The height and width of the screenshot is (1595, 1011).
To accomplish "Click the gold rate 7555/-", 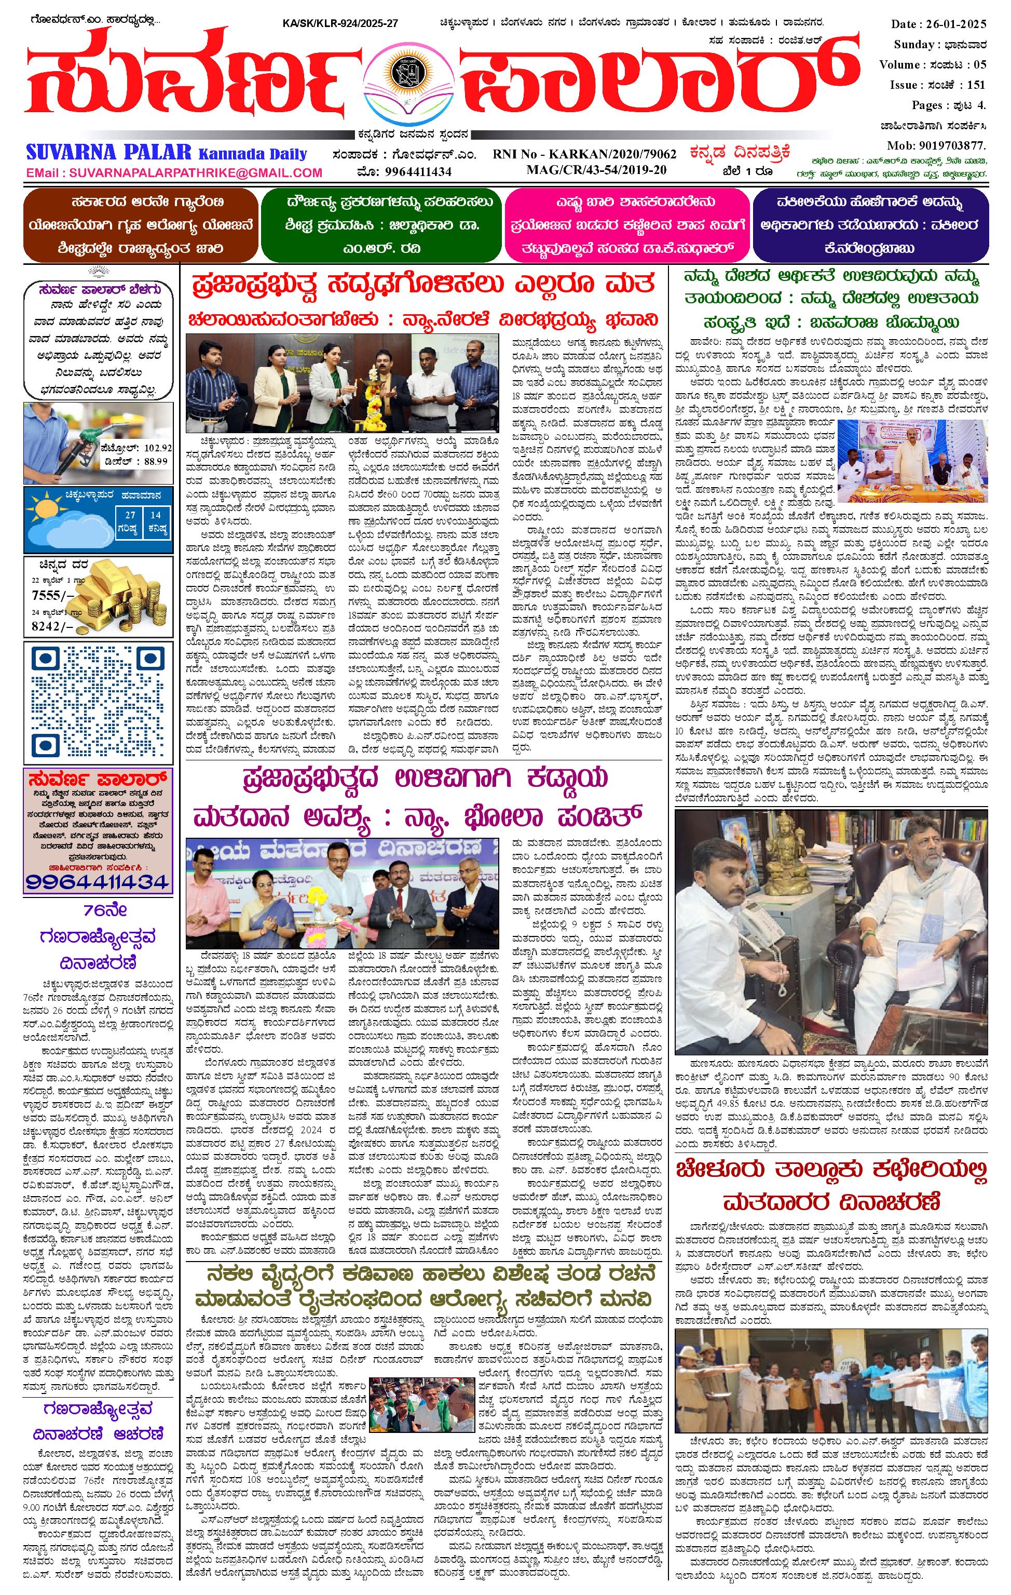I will coord(52,596).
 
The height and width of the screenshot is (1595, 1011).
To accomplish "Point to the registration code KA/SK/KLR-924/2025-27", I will coord(339,23).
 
